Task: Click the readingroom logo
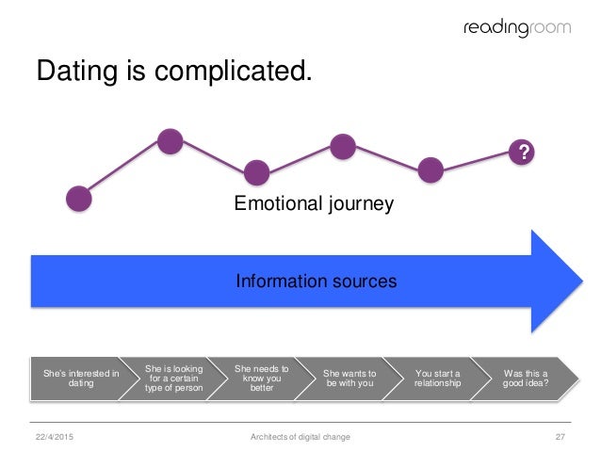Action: click(x=517, y=28)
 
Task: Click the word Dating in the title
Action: click(x=79, y=71)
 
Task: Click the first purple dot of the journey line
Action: click(x=80, y=198)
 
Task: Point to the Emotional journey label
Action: click(x=314, y=202)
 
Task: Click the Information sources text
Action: click(x=316, y=281)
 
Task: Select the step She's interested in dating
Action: click(x=81, y=379)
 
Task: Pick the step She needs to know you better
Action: click(x=261, y=379)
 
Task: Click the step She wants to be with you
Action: click(x=349, y=379)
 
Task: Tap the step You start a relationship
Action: click(x=438, y=379)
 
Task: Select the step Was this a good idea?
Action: click(x=526, y=379)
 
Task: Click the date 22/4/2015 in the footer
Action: click(x=55, y=436)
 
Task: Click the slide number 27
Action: click(x=560, y=436)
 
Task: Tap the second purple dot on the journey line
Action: click(x=170, y=142)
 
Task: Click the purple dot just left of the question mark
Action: click(x=430, y=170)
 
